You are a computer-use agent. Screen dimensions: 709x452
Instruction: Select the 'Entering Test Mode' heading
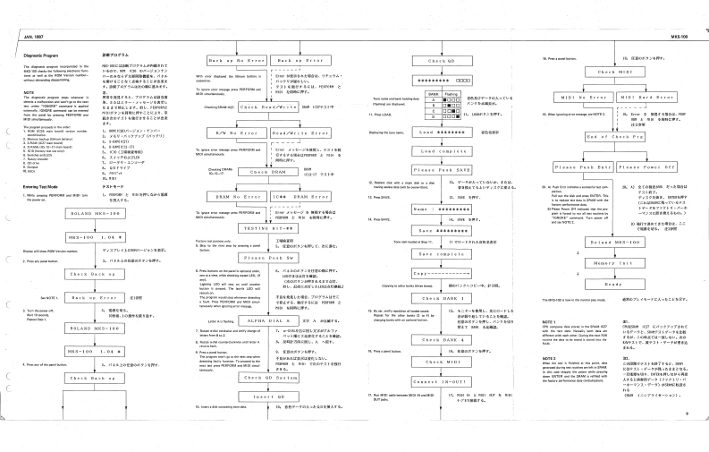pos(36,183)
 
